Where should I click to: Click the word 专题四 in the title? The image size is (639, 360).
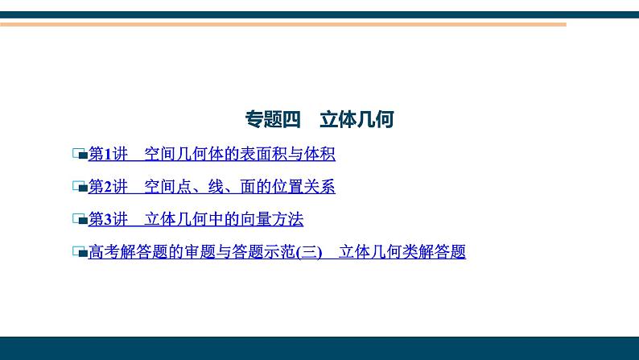click(272, 120)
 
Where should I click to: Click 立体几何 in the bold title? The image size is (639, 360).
click(357, 120)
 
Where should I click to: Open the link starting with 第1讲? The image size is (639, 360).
click(211, 154)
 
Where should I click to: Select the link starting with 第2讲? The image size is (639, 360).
click(211, 187)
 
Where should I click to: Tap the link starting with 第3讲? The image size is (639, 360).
click(195, 219)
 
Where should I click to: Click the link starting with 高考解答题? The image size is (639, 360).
click(277, 252)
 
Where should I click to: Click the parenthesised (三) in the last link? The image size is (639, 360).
click(308, 252)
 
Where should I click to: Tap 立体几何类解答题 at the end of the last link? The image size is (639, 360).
click(402, 252)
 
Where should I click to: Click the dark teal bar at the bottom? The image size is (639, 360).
click(319, 348)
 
